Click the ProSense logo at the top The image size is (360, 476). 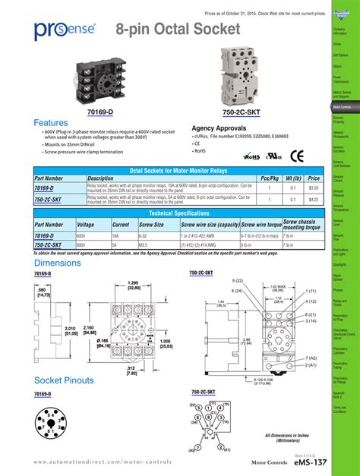tap(65, 30)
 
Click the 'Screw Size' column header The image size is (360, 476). tap(152, 225)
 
